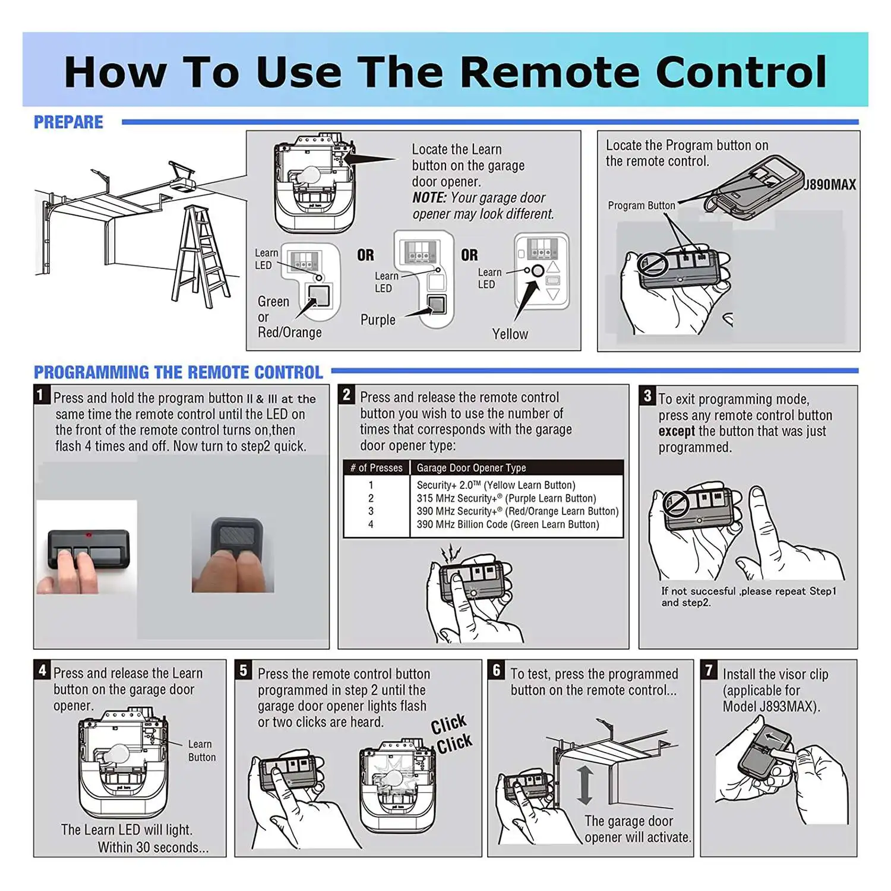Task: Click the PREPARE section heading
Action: (68, 122)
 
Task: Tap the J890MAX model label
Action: (830, 185)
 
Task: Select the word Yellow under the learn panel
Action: (510, 334)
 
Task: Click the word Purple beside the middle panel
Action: (378, 320)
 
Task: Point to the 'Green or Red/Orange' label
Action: (289, 317)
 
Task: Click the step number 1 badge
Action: (40, 395)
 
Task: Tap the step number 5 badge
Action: (243, 671)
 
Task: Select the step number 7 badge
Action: (709, 671)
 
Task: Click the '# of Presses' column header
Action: (377, 468)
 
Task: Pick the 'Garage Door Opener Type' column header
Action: (471, 468)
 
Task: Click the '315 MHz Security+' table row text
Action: (505, 498)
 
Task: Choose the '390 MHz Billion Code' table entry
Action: (507, 525)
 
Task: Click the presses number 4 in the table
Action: (371, 525)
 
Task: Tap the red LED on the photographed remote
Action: (89, 536)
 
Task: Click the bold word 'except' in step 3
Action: (676, 431)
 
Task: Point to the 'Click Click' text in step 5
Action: (451, 734)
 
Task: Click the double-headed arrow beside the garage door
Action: (584, 785)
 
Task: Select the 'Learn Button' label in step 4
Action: (201, 751)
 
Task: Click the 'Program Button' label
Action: (641, 206)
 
